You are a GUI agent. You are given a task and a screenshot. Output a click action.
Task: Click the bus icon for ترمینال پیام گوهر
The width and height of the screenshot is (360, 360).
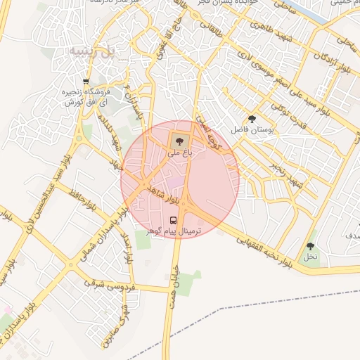click(x=174, y=219)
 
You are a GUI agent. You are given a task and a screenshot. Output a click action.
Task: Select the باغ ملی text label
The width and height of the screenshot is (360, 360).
click(x=179, y=150)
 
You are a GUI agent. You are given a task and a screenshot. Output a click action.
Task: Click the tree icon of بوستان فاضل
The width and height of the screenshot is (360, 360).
click(x=252, y=119)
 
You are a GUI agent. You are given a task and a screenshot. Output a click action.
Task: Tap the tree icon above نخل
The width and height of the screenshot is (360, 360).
click(x=310, y=246)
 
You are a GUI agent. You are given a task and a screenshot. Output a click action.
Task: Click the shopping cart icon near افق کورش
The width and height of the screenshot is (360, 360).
click(x=86, y=82)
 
